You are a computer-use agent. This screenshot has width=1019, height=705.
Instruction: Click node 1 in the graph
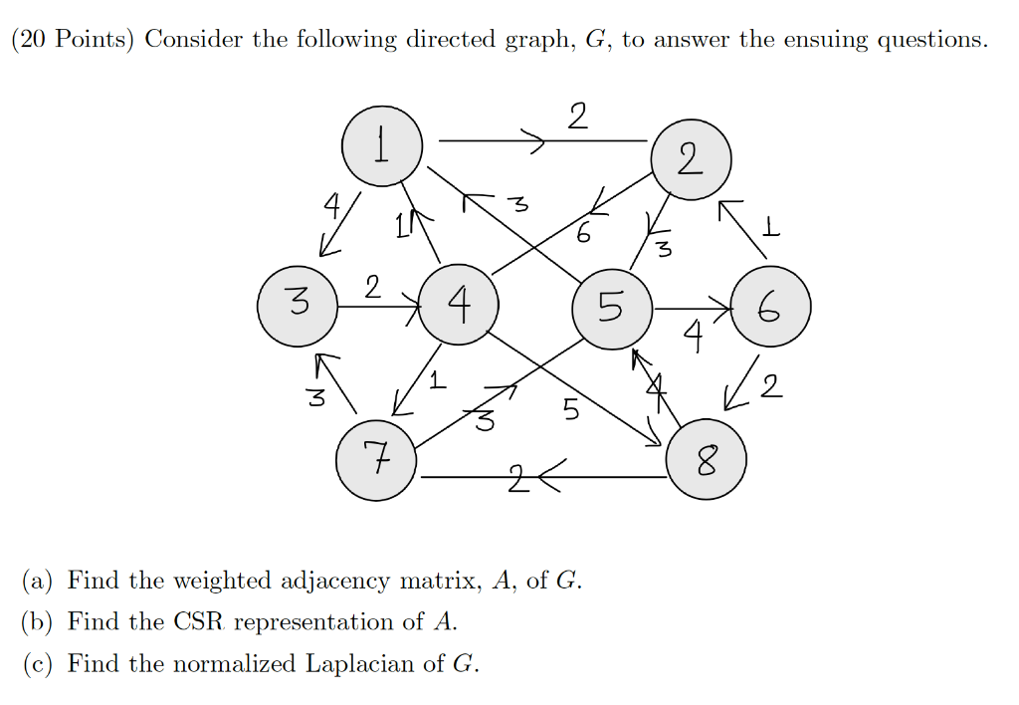click(381, 146)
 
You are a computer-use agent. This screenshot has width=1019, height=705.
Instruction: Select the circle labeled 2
click(691, 159)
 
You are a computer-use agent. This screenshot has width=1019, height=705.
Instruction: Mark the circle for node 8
click(706, 460)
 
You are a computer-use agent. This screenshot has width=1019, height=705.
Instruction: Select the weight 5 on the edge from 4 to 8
click(570, 409)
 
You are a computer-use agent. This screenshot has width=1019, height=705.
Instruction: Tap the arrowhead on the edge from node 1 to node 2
click(538, 143)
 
